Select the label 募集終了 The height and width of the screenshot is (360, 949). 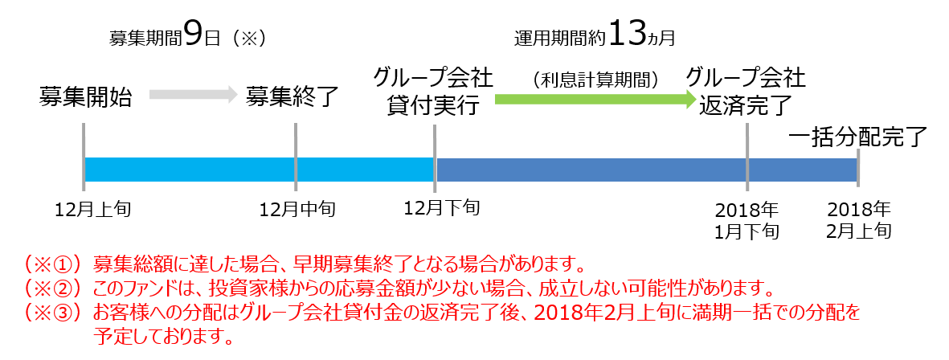pyautogui.click(x=291, y=96)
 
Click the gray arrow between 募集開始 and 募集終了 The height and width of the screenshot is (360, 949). pyautogui.click(x=193, y=94)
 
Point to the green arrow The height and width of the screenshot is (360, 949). pyautogui.click(x=595, y=99)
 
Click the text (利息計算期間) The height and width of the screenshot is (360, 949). pyautogui.click(x=595, y=80)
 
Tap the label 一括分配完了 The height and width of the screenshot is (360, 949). pyautogui.click(x=858, y=137)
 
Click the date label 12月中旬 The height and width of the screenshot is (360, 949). pyautogui.click(x=297, y=210)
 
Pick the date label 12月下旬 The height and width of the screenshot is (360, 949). pyautogui.click(x=442, y=208)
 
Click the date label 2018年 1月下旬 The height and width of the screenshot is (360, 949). pyautogui.click(x=747, y=220)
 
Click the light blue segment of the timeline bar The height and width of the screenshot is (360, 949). pyautogui.click(x=260, y=170)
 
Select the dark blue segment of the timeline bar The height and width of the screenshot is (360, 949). pyautogui.click(x=646, y=170)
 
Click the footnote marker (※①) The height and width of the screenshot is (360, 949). pyautogui.click(x=53, y=264)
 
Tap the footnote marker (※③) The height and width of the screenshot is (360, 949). pyautogui.click(x=53, y=313)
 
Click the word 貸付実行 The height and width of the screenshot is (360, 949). pyautogui.click(x=433, y=106)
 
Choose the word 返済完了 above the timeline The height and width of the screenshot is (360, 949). pyautogui.click(x=746, y=106)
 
